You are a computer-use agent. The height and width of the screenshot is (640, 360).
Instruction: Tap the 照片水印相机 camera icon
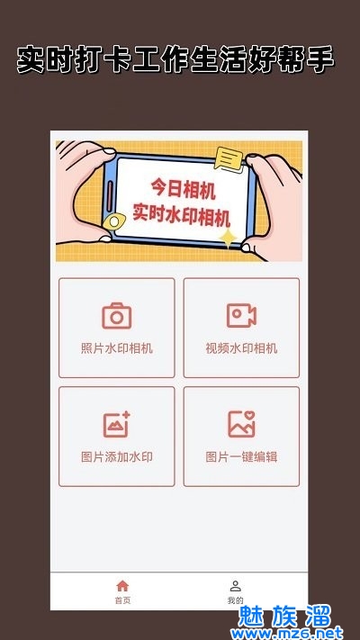click(x=117, y=316)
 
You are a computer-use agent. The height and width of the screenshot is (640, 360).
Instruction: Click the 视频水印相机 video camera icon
click(x=241, y=316)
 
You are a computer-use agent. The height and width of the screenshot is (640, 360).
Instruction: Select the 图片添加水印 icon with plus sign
click(x=117, y=424)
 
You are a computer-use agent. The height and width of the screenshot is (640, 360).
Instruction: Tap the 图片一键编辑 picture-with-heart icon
click(x=241, y=424)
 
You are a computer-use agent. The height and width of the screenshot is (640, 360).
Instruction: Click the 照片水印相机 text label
click(x=117, y=348)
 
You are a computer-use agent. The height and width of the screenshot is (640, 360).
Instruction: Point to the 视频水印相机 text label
click(x=241, y=348)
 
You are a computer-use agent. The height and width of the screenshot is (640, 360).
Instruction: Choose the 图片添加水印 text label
click(x=117, y=456)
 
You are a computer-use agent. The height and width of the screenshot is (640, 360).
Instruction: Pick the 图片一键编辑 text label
click(x=241, y=456)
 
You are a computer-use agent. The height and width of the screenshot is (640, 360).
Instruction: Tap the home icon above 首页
click(x=122, y=586)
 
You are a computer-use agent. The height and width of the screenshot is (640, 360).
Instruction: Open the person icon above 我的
click(x=236, y=586)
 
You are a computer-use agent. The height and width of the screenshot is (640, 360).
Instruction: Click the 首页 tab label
click(x=122, y=600)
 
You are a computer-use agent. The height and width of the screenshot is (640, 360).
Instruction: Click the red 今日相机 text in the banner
click(x=184, y=190)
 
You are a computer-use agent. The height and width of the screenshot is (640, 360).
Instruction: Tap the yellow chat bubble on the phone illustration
click(x=229, y=159)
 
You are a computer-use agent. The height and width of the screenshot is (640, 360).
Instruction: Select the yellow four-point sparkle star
click(x=228, y=239)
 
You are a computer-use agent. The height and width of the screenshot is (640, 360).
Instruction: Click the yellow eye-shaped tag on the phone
click(x=114, y=221)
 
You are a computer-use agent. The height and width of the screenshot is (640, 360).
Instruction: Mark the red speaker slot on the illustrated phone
click(x=110, y=197)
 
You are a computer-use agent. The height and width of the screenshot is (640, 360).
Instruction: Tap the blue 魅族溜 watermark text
click(x=285, y=616)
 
